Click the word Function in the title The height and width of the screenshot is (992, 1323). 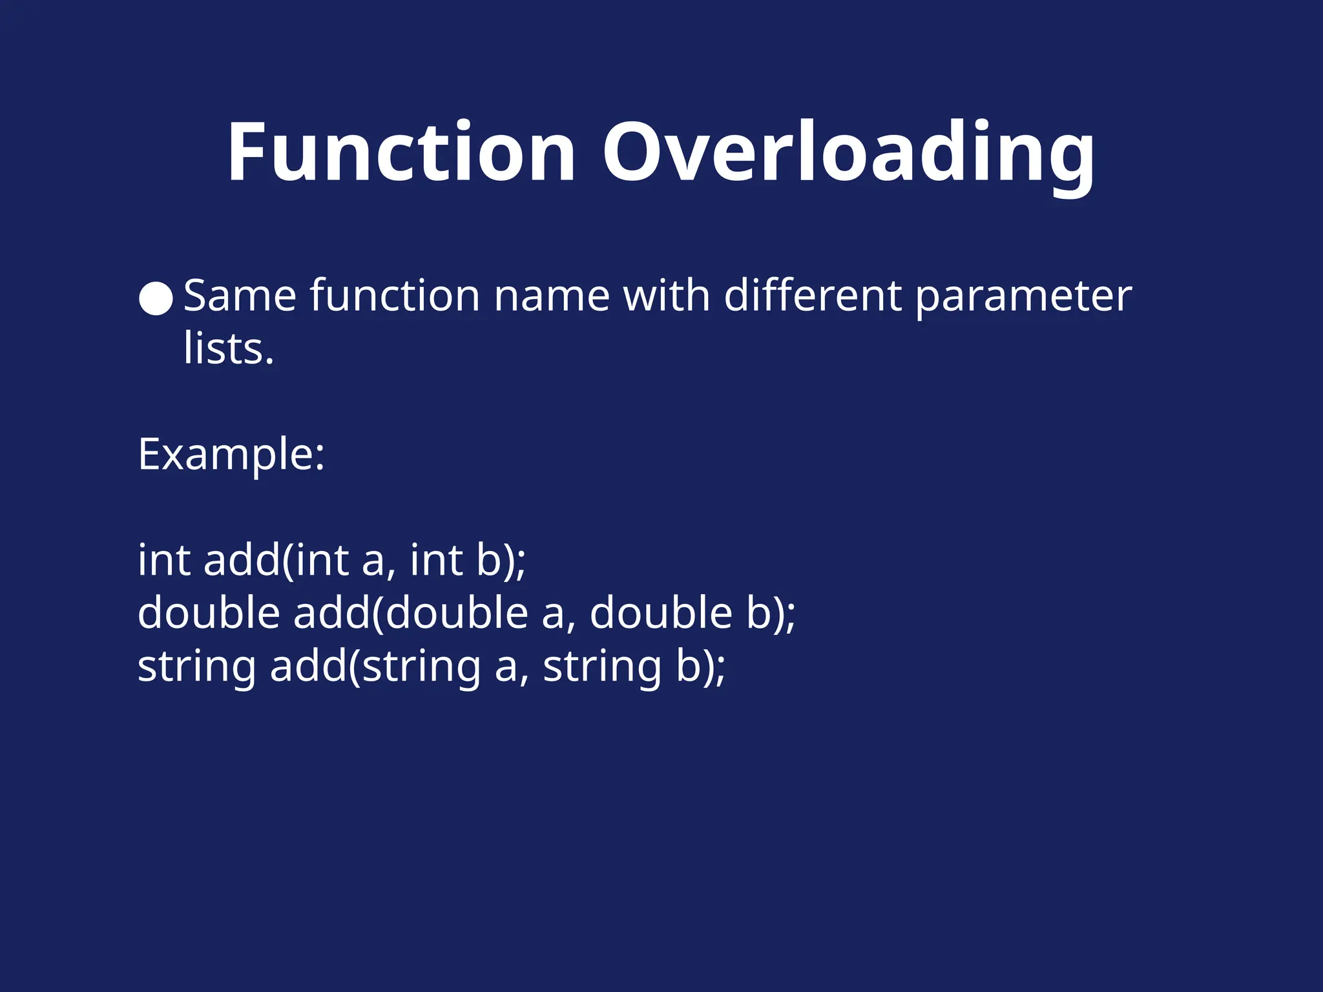[401, 153]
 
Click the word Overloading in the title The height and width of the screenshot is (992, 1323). [848, 155]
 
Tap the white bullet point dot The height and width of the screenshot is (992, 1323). [156, 298]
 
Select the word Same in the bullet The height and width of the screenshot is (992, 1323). [240, 296]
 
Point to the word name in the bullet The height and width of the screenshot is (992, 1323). [552, 296]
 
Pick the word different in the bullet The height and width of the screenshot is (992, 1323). [813, 296]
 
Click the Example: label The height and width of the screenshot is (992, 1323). [231, 455]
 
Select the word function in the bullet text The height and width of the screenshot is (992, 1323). [395, 296]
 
